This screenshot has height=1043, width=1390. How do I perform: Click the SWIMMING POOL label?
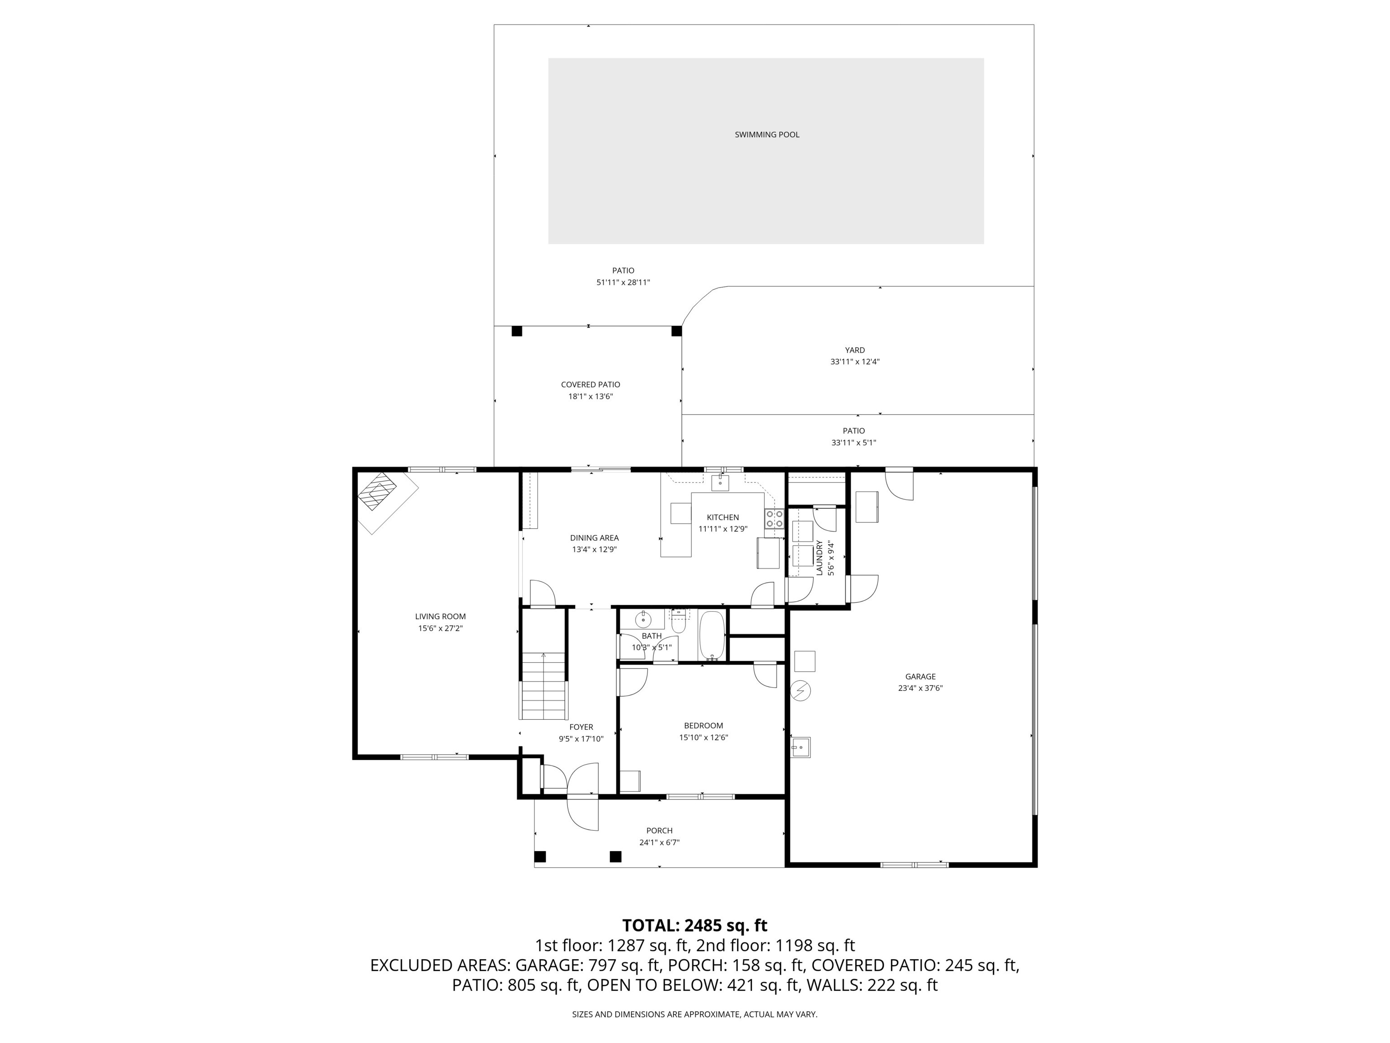coord(766,134)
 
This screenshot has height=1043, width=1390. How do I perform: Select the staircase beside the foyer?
coord(543,685)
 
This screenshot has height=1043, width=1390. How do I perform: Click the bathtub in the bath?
coord(712,635)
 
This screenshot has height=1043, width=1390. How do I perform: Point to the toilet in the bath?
coord(678,623)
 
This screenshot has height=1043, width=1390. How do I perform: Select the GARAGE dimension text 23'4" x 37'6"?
coord(920,688)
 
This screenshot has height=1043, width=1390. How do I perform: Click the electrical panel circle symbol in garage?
coord(800,691)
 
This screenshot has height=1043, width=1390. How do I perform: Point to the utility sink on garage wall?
coord(800,747)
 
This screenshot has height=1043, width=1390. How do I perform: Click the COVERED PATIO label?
coord(590,384)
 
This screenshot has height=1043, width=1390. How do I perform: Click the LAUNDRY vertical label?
coord(819,558)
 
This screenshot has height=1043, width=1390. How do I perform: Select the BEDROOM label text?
coord(703,726)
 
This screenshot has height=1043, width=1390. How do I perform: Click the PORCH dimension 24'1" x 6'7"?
coord(659,842)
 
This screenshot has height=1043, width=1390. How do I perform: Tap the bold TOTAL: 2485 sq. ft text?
coord(695,925)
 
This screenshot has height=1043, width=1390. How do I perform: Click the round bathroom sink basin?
coord(643,620)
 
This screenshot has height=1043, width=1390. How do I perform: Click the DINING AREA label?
coord(594,537)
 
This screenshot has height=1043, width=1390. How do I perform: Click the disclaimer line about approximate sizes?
coord(695,1014)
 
